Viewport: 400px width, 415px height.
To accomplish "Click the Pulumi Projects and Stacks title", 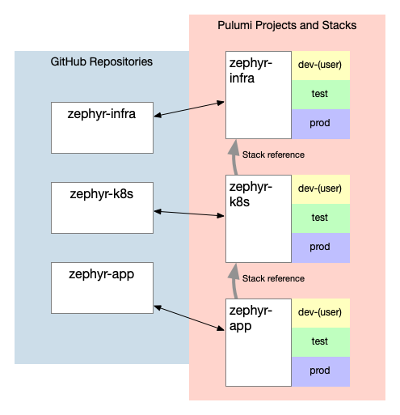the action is (x=287, y=25).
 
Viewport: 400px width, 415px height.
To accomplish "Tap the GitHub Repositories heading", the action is (x=102, y=61).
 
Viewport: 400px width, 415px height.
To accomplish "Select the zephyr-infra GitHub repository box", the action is (x=102, y=128).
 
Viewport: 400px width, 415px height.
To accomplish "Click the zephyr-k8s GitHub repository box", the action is (x=102, y=208).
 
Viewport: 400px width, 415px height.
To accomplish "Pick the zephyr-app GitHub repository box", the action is (x=102, y=288).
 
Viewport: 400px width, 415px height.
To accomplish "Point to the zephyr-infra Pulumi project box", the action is (x=259, y=95).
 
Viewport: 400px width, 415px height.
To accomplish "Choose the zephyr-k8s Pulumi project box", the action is (x=259, y=218).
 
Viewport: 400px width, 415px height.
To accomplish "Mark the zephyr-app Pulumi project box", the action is (x=259, y=342).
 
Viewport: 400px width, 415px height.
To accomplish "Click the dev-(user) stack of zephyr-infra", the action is (x=321, y=66).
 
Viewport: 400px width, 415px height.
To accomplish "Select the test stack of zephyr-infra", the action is (x=321, y=95).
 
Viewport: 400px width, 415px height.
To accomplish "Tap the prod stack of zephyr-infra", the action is (x=321, y=124).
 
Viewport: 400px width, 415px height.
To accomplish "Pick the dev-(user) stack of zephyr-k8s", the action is (x=321, y=189).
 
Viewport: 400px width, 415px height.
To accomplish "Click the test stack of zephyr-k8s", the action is (x=321, y=218).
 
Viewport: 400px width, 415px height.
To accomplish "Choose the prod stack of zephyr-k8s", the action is (x=321, y=248).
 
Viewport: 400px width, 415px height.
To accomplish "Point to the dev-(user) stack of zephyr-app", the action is (x=321, y=313).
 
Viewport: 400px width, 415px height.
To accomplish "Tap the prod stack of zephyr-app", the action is (x=321, y=371).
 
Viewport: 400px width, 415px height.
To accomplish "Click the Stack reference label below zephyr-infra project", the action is (x=273, y=155).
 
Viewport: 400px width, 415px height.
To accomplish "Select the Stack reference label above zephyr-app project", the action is (x=273, y=278).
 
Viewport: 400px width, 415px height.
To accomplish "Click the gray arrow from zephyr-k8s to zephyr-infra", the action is (x=234, y=157).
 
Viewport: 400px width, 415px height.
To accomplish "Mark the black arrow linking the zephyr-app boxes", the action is (x=189, y=318).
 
